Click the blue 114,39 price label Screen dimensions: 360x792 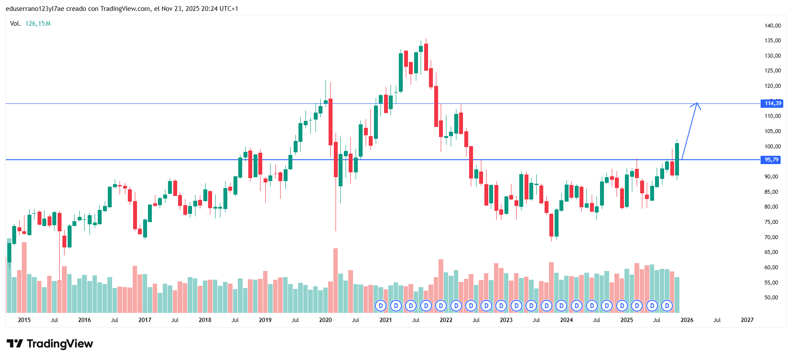tap(772, 103)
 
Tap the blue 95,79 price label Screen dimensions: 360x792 tap(771, 160)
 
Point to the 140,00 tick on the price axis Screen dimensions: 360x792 tap(772, 26)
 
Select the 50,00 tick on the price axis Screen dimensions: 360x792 tap(771, 298)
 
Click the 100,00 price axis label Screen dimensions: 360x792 tap(772, 147)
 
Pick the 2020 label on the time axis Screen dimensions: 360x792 tap(326, 320)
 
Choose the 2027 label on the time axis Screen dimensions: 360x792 tap(747, 320)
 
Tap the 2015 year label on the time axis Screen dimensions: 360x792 tap(24, 320)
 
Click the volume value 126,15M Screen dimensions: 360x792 tap(38, 24)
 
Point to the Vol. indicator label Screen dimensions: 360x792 tap(15, 24)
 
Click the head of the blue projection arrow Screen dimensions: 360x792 tap(697, 104)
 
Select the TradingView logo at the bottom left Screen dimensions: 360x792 tap(50, 344)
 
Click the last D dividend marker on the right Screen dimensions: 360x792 tap(667, 306)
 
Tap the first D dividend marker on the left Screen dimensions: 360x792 tap(381, 306)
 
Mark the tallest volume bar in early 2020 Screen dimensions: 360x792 tap(336, 279)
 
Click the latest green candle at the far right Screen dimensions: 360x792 tap(677, 159)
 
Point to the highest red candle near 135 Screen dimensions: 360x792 tap(426, 57)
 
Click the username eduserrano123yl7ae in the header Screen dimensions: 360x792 tap(34, 9)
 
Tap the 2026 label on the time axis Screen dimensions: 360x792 tap(687, 320)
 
